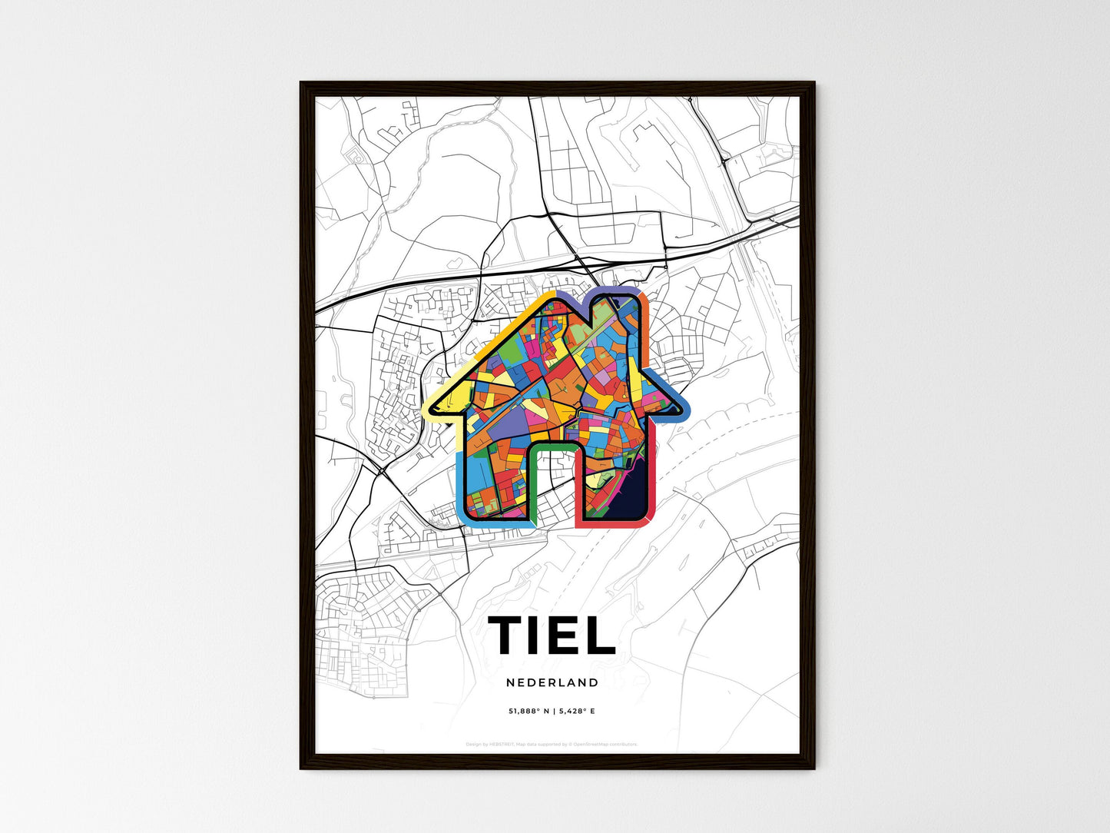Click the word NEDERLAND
coord(552,682)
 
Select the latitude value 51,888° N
coord(528,711)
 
